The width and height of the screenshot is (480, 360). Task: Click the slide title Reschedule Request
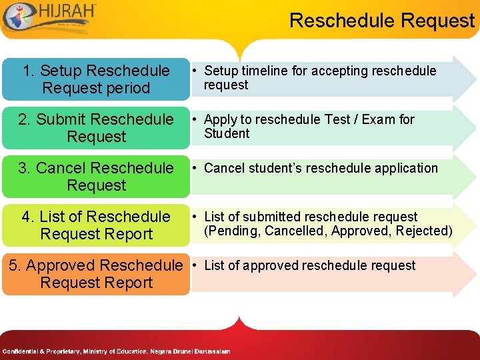[x=381, y=21]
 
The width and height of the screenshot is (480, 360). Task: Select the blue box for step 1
[x=96, y=79]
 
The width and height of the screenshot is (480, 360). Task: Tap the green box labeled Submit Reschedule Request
[x=96, y=128]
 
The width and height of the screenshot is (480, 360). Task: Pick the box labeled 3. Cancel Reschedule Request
[x=96, y=177]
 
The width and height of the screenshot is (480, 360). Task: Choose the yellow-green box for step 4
[x=96, y=225]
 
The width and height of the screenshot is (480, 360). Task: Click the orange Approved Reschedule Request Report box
[x=96, y=274]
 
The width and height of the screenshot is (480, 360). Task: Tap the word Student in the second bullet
[x=227, y=133]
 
